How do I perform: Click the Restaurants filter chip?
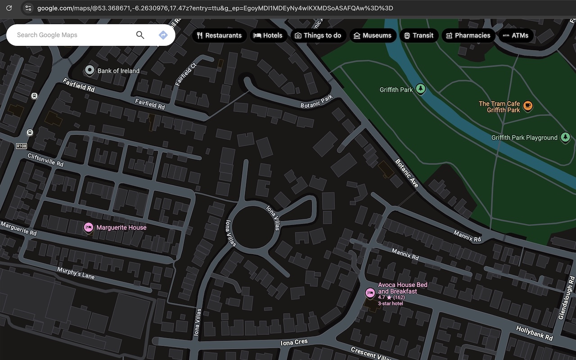click(219, 36)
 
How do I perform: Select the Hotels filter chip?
click(268, 36)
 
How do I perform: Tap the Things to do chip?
click(318, 36)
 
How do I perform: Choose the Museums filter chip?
click(372, 36)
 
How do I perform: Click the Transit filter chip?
click(418, 36)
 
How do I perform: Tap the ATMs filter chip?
click(515, 36)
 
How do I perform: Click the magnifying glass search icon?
click(140, 35)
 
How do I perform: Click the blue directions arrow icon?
click(163, 35)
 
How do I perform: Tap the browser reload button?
click(9, 8)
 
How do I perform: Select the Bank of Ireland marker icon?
click(90, 70)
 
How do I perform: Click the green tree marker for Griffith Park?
click(421, 89)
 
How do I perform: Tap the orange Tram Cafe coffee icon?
click(528, 106)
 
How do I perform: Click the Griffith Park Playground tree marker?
click(565, 138)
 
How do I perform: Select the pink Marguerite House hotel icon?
click(89, 228)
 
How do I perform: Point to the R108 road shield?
click(21, 146)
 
